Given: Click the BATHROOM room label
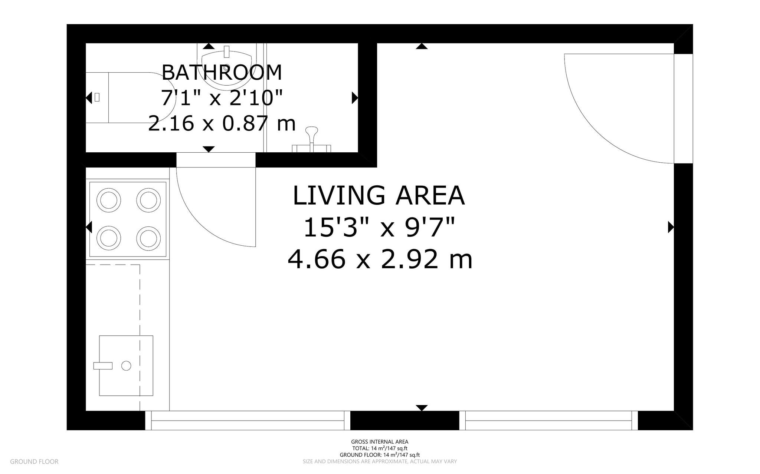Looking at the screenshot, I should click(222, 72).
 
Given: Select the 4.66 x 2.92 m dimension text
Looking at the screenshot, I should click(380, 259).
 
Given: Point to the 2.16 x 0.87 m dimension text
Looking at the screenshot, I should click(222, 123).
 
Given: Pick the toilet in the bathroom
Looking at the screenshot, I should click(130, 97).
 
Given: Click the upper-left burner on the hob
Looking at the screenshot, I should click(109, 200).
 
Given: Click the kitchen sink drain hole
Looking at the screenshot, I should click(126, 366).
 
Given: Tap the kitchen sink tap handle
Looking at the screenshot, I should click(103, 366).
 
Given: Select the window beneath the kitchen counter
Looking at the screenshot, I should click(248, 420).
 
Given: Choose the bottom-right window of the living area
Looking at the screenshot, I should click(548, 420).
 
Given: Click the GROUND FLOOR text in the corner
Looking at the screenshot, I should click(34, 461).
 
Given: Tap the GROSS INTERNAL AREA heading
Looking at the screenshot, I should click(380, 441).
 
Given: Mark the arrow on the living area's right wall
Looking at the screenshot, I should click(670, 227).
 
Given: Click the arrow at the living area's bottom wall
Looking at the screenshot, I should click(422, 408).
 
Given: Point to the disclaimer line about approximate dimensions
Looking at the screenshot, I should click(380, 461).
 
